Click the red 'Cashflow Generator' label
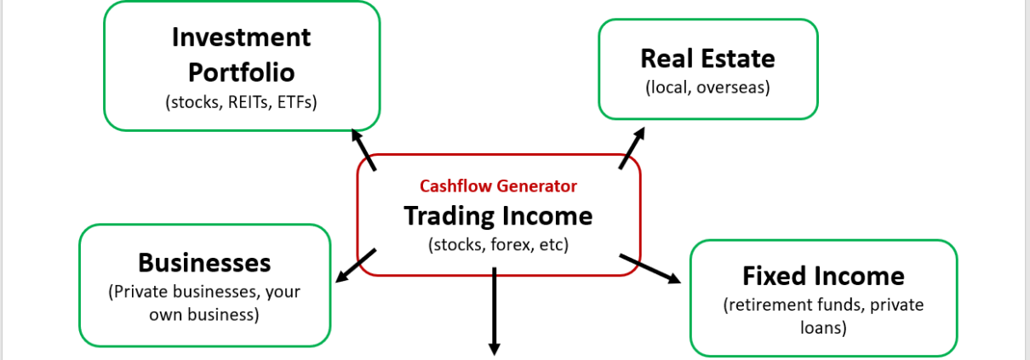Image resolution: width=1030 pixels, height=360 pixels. (498, 186)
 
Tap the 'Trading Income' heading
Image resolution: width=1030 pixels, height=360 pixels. (498, 215)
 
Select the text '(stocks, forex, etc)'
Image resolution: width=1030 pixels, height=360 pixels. (498, 244)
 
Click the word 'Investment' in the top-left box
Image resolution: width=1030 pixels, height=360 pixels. (242, 37)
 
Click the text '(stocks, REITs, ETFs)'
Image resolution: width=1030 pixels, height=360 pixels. (242, 102)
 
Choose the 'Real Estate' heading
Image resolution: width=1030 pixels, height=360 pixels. (707, 58)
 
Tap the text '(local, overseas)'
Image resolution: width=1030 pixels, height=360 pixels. (707, 87)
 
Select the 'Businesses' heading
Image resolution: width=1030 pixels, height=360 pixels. (204, 261)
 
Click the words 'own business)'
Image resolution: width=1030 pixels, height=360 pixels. (204, 314)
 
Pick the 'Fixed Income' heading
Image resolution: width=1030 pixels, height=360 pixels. (823, 276)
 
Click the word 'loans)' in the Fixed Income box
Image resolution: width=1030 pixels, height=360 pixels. (823, 326)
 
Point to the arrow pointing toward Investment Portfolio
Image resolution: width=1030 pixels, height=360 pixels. (363, 149)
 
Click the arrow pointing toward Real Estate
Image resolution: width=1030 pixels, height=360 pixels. (632, 148)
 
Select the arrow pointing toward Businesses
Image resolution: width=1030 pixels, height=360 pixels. (355, 266)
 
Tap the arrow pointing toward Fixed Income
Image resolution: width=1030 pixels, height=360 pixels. (649, 268)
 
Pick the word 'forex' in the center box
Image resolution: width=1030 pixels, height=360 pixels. (508, 244)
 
